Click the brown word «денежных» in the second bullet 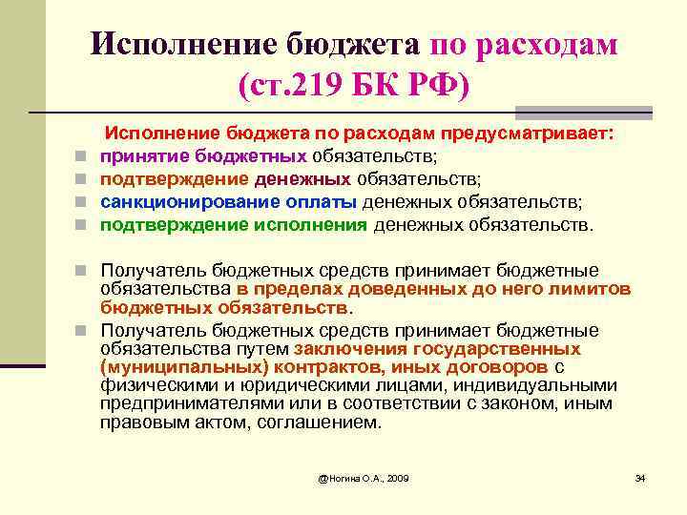pyautogui.click(x=301, y=179)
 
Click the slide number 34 pyautogui.click(x=640, y=476)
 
